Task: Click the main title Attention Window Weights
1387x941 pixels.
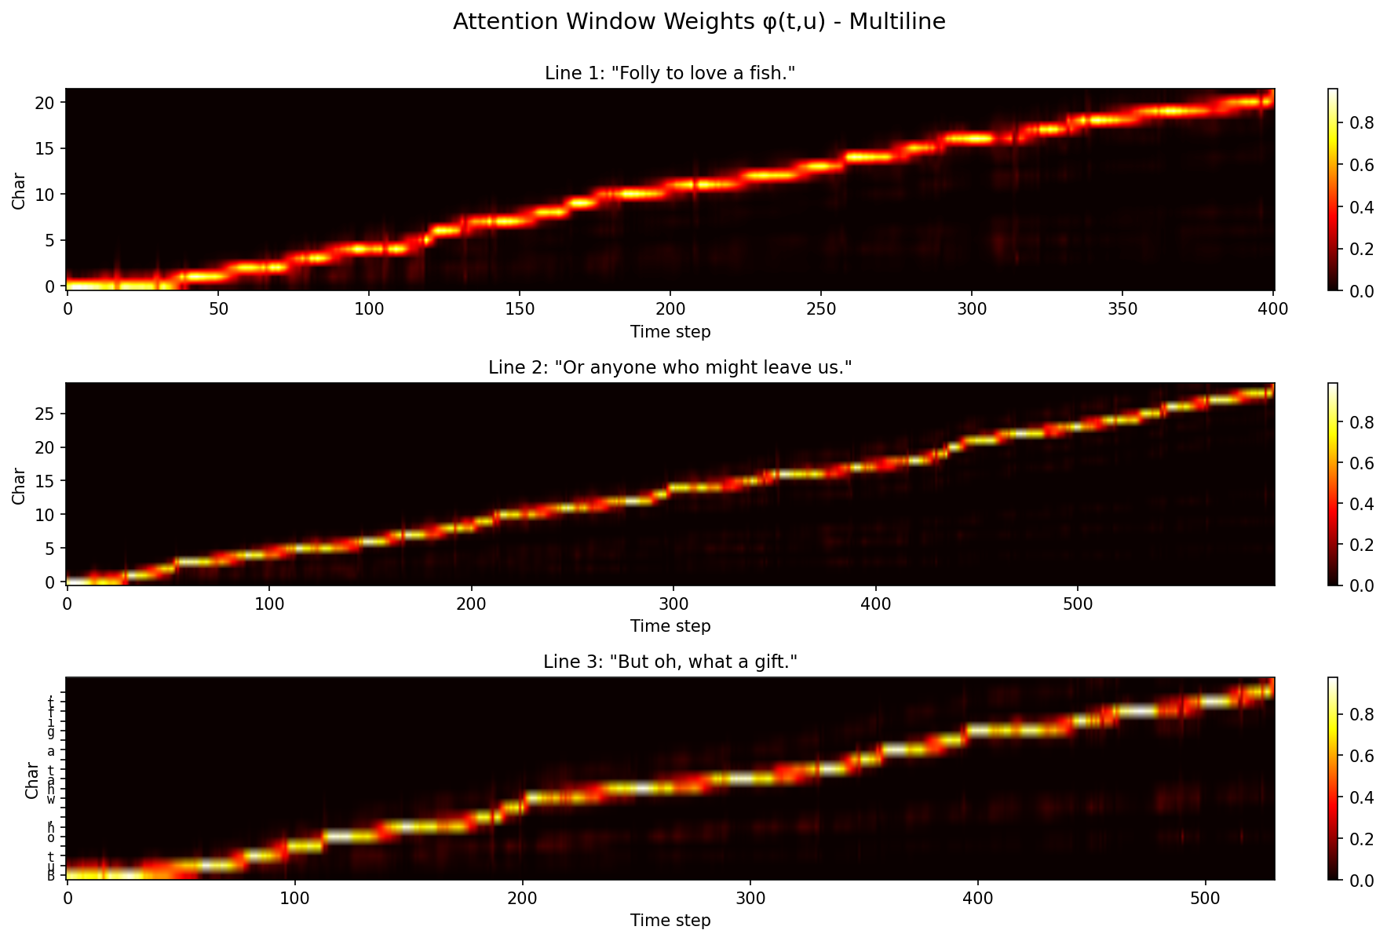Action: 699,22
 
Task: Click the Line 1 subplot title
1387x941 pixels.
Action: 670,74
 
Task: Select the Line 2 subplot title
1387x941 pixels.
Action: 670,367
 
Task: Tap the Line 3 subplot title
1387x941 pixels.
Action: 670,662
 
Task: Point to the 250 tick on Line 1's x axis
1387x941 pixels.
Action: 820,308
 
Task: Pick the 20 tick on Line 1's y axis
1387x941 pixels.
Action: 49,103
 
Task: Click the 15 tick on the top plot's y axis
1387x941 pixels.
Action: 49,148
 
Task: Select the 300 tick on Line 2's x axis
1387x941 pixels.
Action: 673,603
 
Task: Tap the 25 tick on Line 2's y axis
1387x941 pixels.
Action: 49,414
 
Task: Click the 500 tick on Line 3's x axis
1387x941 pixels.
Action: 1205,897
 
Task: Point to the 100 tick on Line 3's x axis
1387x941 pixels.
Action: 294,897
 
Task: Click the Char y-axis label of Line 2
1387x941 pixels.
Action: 19,486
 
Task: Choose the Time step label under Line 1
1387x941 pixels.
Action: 670,332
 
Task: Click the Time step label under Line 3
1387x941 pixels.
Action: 670,921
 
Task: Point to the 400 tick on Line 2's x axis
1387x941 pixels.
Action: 875,603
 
